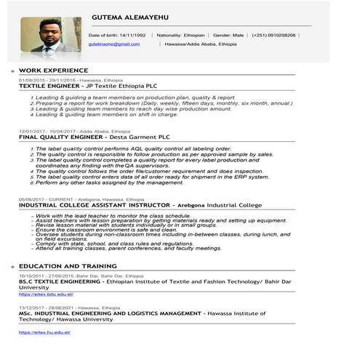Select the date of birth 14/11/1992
(x=133, y=35)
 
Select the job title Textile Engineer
(x=49, y=86)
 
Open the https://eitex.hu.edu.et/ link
(x=44, y=332)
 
